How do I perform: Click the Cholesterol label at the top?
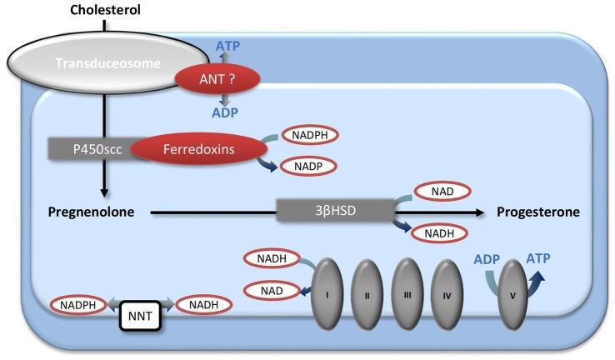point(104,11)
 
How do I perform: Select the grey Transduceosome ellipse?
point(92,62)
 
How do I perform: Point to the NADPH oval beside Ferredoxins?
point(310,134)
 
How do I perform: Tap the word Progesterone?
point(538,212)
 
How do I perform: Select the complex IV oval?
point(447,297)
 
